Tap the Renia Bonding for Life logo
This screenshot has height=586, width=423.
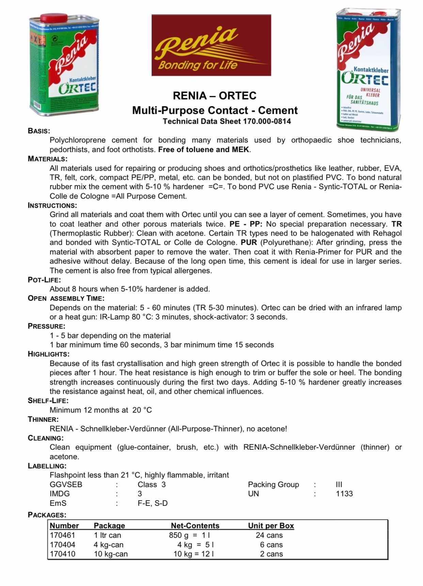click(211, 45)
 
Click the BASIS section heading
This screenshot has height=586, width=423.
click(39, 131)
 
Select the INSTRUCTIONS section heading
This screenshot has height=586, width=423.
click(52, 205)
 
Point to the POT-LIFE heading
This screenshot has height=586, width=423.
click(44, 280)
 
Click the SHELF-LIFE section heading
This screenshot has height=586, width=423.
click(48, 401)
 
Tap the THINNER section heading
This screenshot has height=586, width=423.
click(43, 419)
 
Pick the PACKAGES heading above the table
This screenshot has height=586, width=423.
click(47, 515)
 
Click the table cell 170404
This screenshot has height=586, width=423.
click(63, 545)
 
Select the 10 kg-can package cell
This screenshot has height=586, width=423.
click(111, 554)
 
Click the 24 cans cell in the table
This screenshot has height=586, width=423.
click(269, 535)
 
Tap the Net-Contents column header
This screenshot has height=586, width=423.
click(195, 526)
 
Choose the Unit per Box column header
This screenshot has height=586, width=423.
click(271, 526)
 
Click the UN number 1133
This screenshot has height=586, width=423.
click(344, 494)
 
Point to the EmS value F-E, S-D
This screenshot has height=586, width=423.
click(153, 503)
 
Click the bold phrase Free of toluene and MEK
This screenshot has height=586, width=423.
click(204, 150)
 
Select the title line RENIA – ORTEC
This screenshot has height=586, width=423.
click(215, 96)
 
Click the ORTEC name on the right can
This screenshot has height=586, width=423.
click(365, 79)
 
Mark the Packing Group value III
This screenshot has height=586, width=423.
click(339, 485)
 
